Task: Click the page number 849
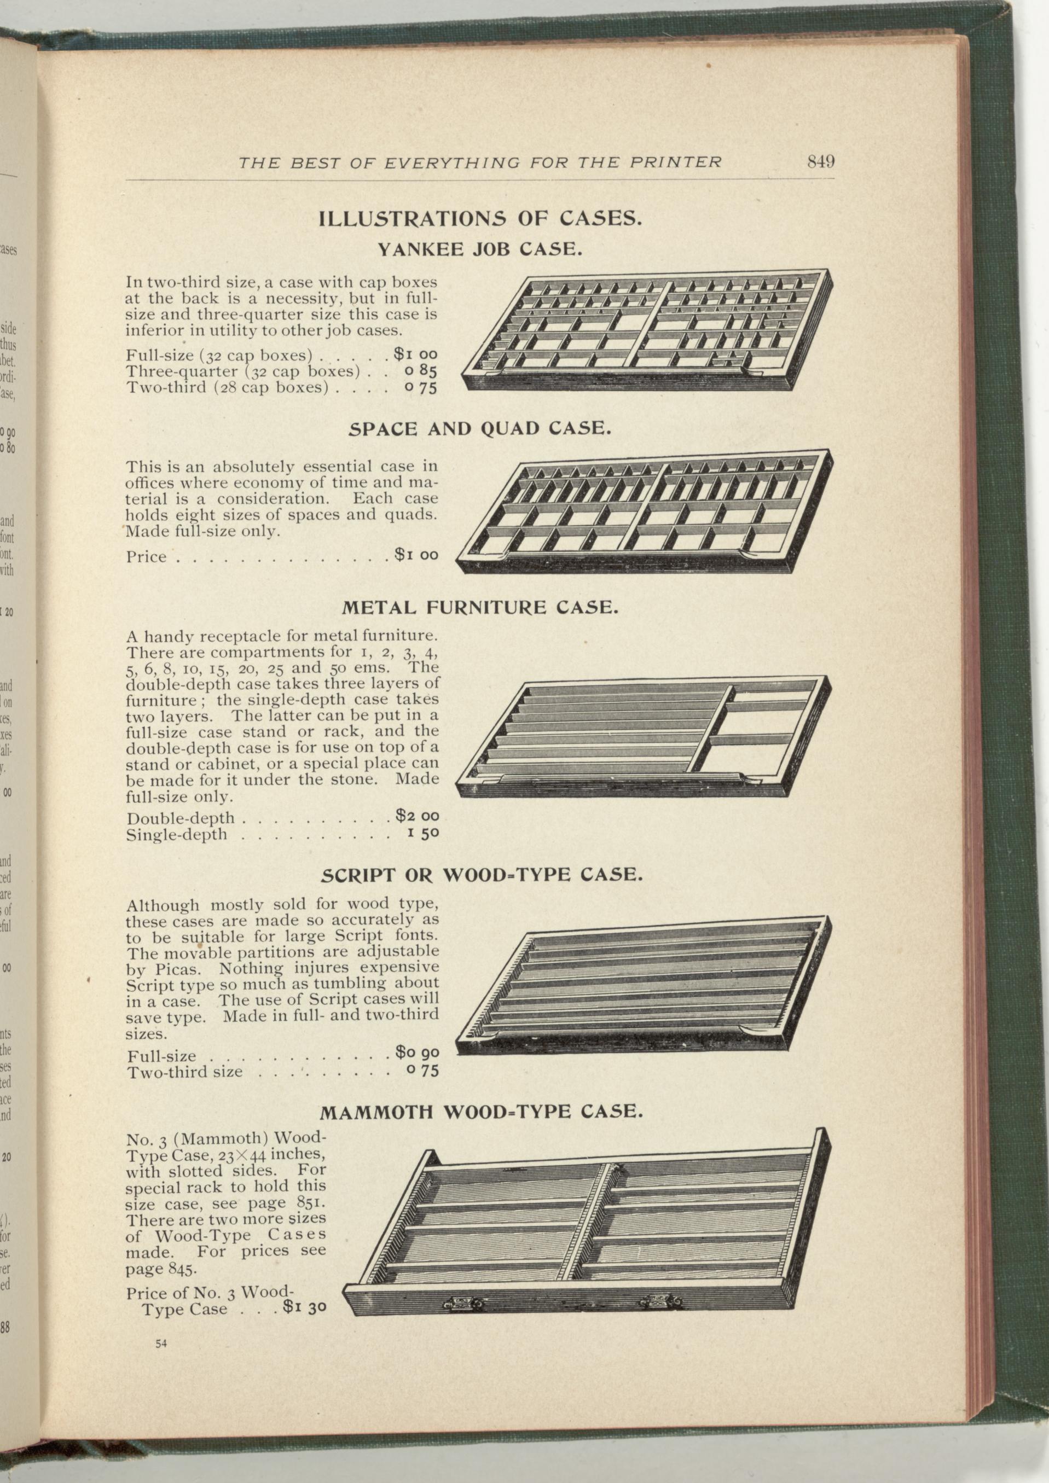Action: tap(821, 161)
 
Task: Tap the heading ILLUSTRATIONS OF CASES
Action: tap(480, 218)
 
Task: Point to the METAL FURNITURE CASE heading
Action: tap(480, 608)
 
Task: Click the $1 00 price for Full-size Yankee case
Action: tap(416, 354)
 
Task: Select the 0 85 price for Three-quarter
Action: tap(420, 371)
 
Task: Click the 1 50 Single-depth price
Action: tap(423, 833)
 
